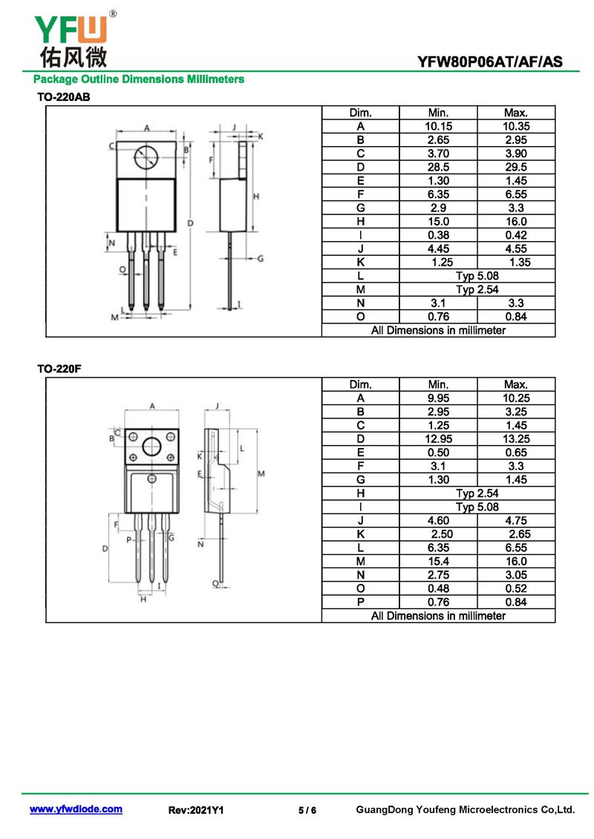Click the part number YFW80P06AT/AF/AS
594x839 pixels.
pyautogui.click(x=489, y=62)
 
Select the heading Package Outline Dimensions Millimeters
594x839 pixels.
pyautogui.click(x=139, y=79)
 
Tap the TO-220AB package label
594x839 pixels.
pyautogui.click(x=64, y=97)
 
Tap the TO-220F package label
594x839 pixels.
pyautogui.click(x=59, y=369)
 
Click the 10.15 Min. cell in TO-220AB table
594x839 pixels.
pyautogui.click(x=438, y=126)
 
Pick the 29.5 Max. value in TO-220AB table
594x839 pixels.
pyautogui.click(x=516, y=167)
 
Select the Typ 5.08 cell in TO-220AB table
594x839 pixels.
pyautogui.click(x=477, y=276)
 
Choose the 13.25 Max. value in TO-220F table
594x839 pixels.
pyautogui.click(x=516, y=438)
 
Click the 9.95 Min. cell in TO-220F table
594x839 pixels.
pyautogui.click(x=438, y=398)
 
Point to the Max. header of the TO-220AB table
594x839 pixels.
pyautogui.click(x=516, y=113)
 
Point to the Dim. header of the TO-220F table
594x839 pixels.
pyautogui.click(x=360, y=385)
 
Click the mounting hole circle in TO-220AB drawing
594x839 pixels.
pyautogui.click(x=146, y=157)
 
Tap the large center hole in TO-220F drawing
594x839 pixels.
pyautogui.click(x=151, y=447)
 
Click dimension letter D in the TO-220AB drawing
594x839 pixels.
pyautogui.click(x=190, y=223)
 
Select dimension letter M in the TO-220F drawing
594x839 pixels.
pyautogui.click(x=261, y=473)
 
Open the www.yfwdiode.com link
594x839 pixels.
pyautogui.click(x=76, y=809)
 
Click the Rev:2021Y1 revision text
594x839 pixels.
pyautogui.click(x=196, y=810)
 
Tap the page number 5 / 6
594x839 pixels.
pyautogui.click(x=307, y=810)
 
